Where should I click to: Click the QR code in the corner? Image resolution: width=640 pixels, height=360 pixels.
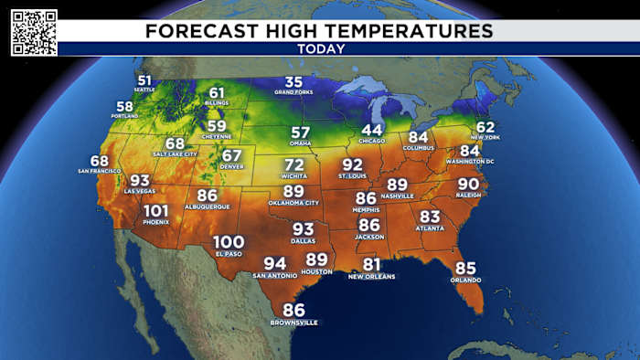(34, 32)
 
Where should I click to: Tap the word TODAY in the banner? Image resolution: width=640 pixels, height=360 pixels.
(320, 48)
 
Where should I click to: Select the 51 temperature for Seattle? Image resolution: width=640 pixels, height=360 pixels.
(144, 79)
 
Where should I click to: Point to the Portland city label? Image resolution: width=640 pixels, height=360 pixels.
(124, 116)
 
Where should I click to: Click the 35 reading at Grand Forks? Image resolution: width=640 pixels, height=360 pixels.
(293, 83)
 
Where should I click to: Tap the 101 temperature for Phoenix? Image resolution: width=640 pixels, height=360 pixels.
(155, 211)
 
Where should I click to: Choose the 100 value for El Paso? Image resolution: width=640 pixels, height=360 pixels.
(228, 241)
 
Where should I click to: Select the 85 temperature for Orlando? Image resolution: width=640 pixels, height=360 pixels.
(465, 268)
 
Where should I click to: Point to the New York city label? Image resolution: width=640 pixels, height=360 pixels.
(485, 136)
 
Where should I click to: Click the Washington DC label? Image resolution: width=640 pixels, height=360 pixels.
(470, 162)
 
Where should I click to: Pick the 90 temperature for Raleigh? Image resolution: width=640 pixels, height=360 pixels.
(468, 184)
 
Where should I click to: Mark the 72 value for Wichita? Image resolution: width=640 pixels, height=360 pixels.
(293, 164)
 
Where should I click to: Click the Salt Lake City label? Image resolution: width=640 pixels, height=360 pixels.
(175, 154)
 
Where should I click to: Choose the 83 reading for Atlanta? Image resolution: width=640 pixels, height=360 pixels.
(430, 216)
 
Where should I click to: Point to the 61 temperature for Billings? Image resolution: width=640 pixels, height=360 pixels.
(217, 92)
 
